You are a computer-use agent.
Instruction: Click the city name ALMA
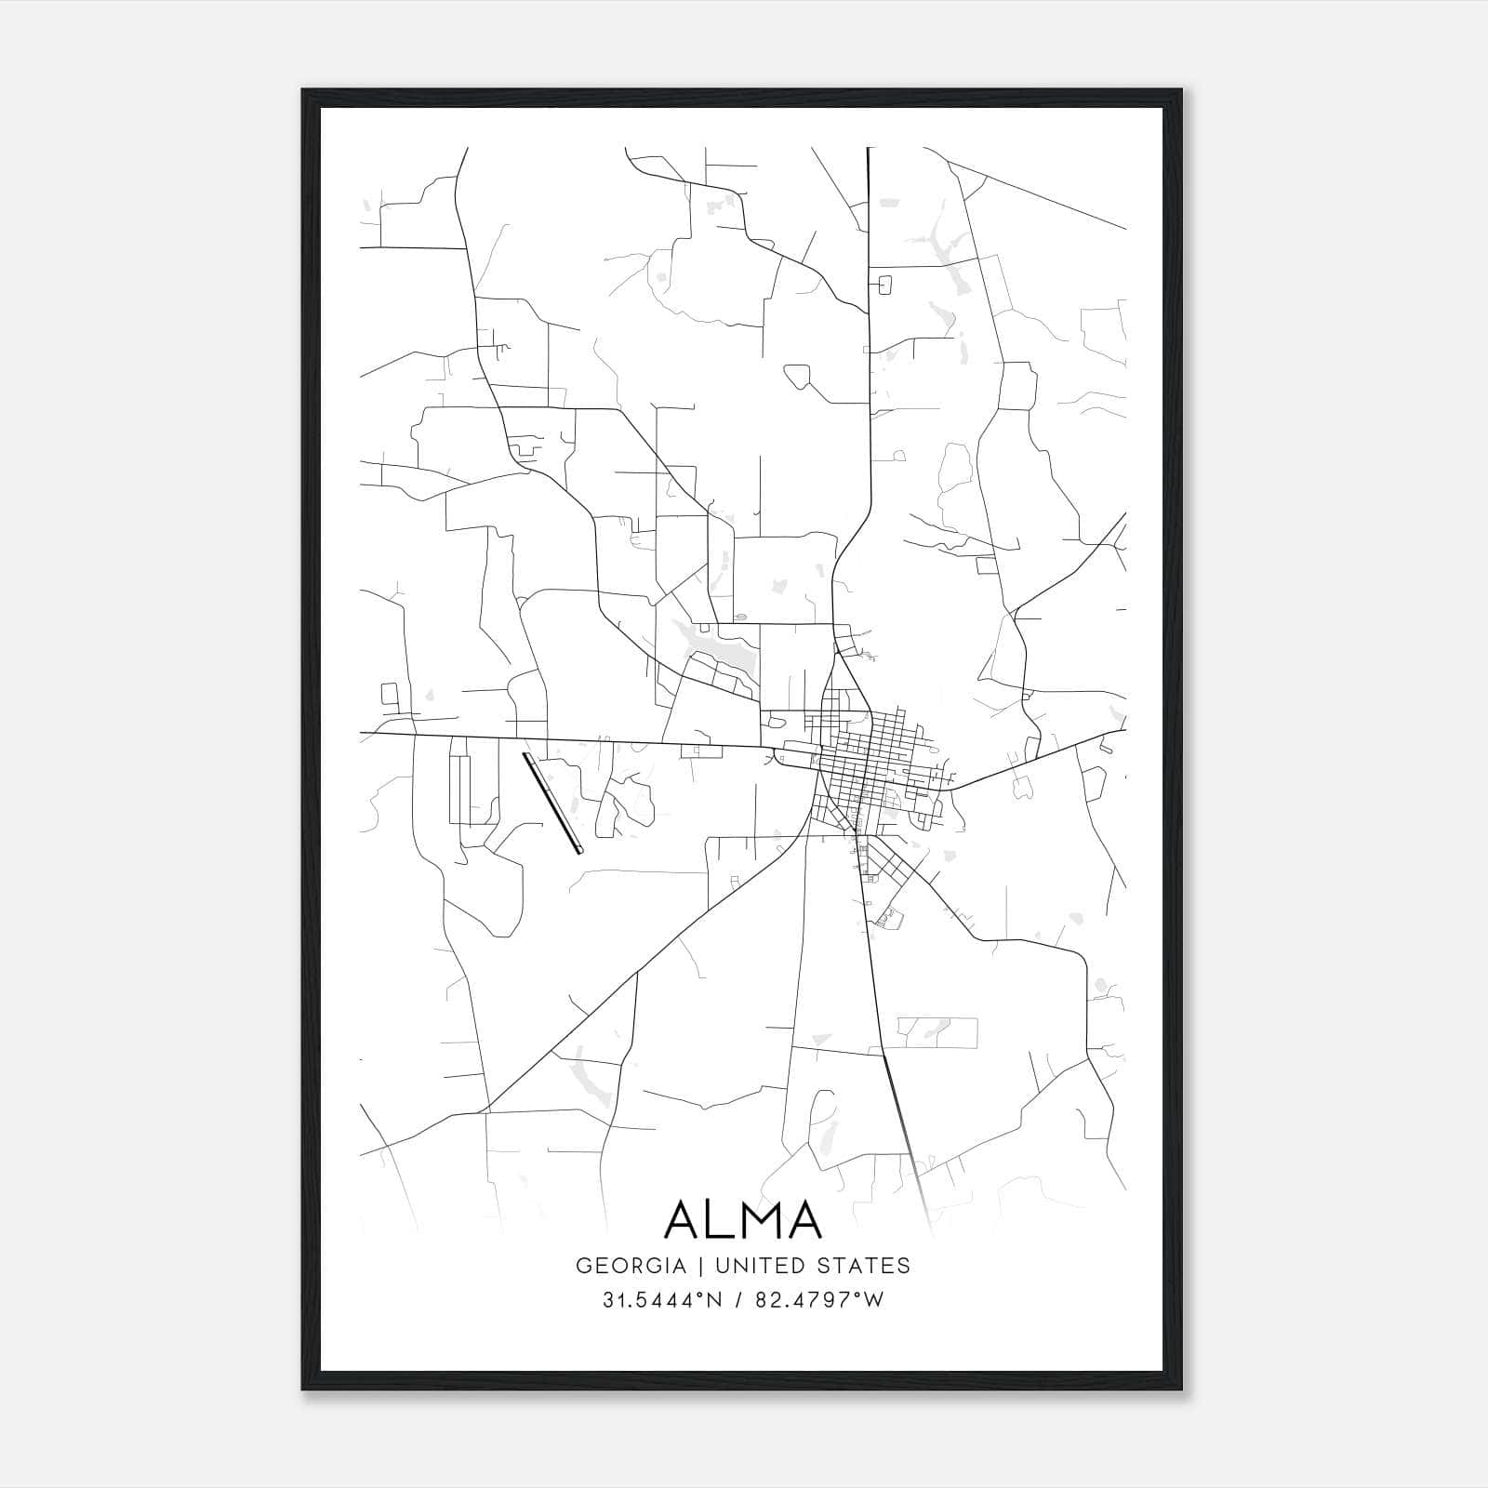(743, 1219)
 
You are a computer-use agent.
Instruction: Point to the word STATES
(865, 1265)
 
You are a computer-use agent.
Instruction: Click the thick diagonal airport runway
(552, 803)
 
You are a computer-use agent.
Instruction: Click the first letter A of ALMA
(684, 1219)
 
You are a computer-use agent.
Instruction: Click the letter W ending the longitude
(873, 1299)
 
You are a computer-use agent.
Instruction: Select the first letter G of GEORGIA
(583, 1265)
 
